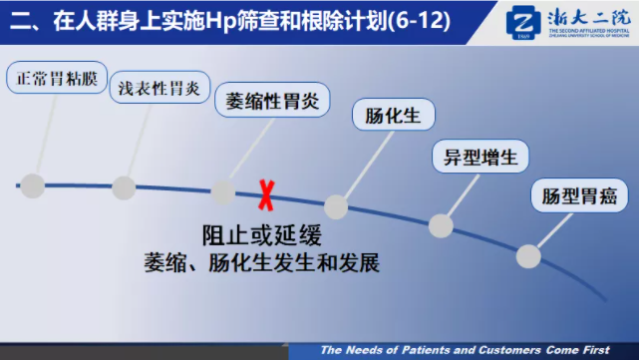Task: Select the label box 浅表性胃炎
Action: click(x=160, y=89)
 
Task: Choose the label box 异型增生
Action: click(x=481, y=157)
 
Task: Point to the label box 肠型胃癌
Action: click(x=579, y=195)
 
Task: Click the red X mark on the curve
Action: click(x=266, y=195)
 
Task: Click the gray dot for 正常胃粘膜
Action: click(x=33, y=184)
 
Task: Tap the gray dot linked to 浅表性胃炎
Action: click(x=124, y=186)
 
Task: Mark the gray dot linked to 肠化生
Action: click(x=337, y=206)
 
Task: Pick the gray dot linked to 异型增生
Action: click(x=441, y=225)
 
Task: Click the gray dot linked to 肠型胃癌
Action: click(x=529, y=255)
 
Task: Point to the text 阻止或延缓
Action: click(x=261, y=236)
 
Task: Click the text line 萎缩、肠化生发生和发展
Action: click(x=262, y=264)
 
